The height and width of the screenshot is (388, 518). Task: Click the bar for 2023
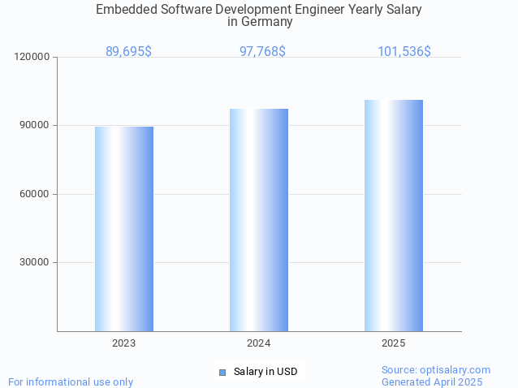coord(124,229)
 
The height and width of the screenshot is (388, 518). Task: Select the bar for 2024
coord(259,220)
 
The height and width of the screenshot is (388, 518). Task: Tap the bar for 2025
coord(394,215)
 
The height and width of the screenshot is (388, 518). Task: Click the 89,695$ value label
coord(128,52)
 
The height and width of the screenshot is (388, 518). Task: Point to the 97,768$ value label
coord(262,52)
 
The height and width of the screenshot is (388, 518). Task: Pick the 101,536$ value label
coord(404,52)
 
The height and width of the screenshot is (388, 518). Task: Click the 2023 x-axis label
coord(124,343)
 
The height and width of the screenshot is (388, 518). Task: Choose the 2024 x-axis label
coord(259,343)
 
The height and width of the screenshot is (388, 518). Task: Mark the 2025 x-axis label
coord(394,343)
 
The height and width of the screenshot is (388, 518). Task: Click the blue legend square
coord(222,373)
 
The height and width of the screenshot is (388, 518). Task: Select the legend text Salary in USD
coord(265,373)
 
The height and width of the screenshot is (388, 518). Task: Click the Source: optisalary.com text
coord(436,370)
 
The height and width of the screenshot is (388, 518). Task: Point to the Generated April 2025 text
coord(432,382)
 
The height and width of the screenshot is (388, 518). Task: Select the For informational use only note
coord(71,382)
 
